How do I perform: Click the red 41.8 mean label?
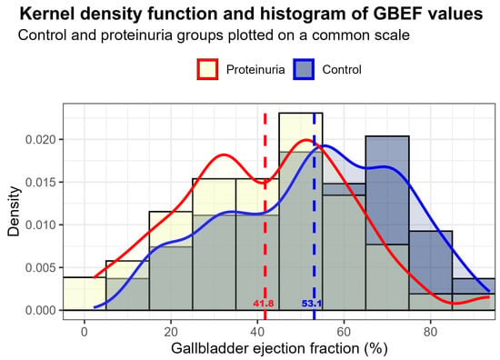coord(264,304)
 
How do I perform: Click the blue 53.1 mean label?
coord(312,304)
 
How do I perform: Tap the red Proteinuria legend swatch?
coord(207,69)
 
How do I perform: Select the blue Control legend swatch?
coord(304,69)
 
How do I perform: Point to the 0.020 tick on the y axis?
coord(40,140)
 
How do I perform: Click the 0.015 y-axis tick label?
coord(40,183)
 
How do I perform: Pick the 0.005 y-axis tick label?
coord(40,267)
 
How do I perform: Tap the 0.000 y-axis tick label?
coord(40,310)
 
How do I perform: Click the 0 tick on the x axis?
coord(85,332)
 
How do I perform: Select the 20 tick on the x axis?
coord(171,332)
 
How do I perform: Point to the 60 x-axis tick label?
coord(344,332)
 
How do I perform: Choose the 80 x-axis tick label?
coord(431,332)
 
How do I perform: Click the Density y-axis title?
coord(14,212)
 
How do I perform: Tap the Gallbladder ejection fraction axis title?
coord(279,349)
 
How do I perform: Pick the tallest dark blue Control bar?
coord(387,223)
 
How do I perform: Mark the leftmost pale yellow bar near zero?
coord(85,294)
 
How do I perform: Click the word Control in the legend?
coord(342,69)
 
